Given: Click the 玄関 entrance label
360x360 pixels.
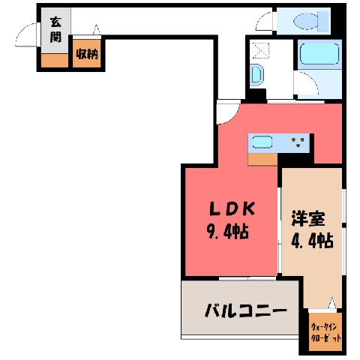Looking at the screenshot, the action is (x=55, y=30).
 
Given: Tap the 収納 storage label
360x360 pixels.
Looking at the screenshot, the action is (x=87, y=54).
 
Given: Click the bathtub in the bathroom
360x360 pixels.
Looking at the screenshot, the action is (x=319, y=54).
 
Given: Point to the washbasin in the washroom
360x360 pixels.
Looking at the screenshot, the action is (x=256, y=74).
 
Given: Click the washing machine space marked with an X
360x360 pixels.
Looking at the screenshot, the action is (x=261, y=50).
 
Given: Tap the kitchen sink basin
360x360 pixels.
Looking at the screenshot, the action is (x=262, y=142).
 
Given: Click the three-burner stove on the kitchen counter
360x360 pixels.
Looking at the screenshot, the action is (x=298, y=142).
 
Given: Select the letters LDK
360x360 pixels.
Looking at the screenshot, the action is (x=232, y=209).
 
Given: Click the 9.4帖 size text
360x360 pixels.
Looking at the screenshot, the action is (x=228, y=231).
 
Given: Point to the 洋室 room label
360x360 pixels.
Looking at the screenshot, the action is (x=308, y=219).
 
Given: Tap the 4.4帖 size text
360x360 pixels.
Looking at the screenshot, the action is (x=312, y=240).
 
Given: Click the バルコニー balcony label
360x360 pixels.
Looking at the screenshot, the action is (x=245, y=310).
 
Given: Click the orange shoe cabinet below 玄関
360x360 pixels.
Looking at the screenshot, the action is (x=55, y=60).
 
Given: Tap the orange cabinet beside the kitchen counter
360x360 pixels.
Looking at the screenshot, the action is (x=262, y=159).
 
